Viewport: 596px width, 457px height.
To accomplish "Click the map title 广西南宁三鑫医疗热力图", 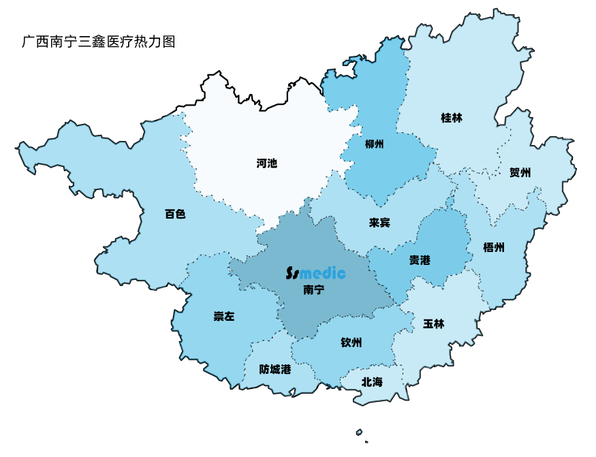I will [99, 42].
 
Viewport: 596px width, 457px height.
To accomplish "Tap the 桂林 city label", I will [452, 118].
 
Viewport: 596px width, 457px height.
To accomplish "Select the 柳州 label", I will [375, 144].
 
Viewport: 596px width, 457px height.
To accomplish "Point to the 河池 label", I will [267, 163].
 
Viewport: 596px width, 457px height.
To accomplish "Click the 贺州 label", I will [520, 172].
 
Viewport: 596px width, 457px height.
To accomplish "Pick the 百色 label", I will [175, 214].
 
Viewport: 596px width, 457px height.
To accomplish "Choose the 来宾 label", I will [379, 223].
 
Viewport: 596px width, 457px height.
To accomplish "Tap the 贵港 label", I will [420, 260].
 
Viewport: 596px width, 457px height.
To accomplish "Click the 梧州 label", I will [493, 247].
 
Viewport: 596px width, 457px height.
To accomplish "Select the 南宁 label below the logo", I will [313, 290].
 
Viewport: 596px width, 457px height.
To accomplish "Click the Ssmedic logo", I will [315, 274].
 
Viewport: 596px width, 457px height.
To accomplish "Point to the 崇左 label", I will [223, 316].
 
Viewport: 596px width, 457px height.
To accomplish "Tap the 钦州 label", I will [351, 342].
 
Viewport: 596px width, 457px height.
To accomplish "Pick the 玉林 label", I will [433, 324].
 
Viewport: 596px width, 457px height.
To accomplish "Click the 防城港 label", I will [275, 369].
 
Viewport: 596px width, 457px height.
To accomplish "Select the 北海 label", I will [372, 382].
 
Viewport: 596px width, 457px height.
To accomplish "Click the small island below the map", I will [359, 432].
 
